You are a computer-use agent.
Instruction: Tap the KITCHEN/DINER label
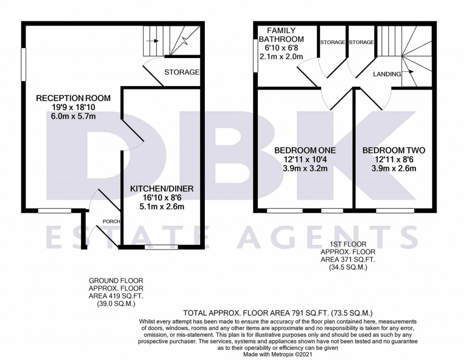(x=162, y=188)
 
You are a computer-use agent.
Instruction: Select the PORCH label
(x=111, y=221)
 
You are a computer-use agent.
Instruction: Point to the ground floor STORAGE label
(x=182, y=72)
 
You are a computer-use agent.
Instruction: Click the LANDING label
(x=387, y=74)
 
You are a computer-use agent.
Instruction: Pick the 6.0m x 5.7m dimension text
(x=73, y=116)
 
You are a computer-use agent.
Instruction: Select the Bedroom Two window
(x=395, y=211)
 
